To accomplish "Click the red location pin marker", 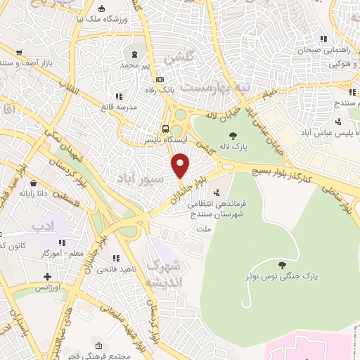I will tap(181, 165).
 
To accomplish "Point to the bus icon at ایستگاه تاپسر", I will tap(165, 129).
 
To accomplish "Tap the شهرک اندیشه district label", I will tap(165, 274).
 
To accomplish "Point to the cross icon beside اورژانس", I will tap(48, 277).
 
